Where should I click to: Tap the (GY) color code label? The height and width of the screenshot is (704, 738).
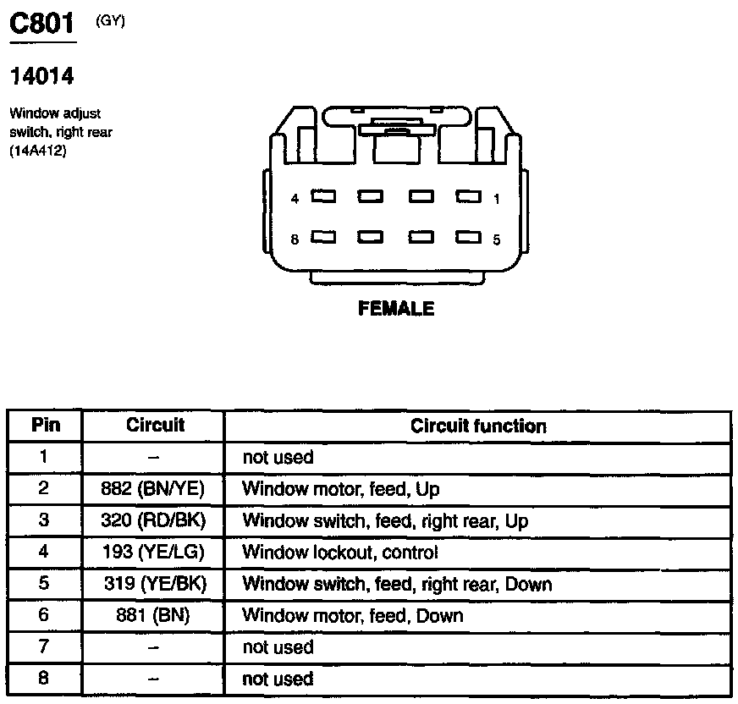click(x=111, y=21)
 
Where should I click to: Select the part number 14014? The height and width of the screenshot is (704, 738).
click(x=41, y=77)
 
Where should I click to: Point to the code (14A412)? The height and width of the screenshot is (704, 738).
click(x=38, y=151)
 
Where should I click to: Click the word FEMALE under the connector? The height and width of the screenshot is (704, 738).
click(x=396, y=309)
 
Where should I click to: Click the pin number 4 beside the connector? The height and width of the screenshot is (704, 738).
click(x=295, y=199)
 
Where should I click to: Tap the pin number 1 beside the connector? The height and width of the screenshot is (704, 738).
click(x=497, y=199)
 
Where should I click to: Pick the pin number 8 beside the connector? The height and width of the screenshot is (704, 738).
click(x=295, y=239)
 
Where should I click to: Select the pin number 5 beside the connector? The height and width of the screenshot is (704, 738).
click(x=497, y=239)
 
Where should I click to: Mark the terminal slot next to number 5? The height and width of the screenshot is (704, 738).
click(x=468, y=238)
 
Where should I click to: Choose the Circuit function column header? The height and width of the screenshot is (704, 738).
click(x=478, y=426)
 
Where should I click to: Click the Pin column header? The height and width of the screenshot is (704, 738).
click(x=46, y=425)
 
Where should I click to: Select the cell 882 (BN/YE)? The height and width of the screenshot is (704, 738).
click(x=153, y=489)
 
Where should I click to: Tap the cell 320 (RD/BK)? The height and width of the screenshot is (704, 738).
click(x=153, y=520)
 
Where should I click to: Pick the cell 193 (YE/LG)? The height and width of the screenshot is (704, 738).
click(x=153, y=553)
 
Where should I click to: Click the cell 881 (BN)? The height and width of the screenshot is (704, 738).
click(x=153, y=615)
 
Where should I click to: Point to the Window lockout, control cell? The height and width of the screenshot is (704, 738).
click(x=340, y=553)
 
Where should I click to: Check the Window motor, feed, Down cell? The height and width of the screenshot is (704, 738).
click(x=353, y=615)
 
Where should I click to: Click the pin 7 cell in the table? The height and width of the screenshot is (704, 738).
click(x=45, y=647)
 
